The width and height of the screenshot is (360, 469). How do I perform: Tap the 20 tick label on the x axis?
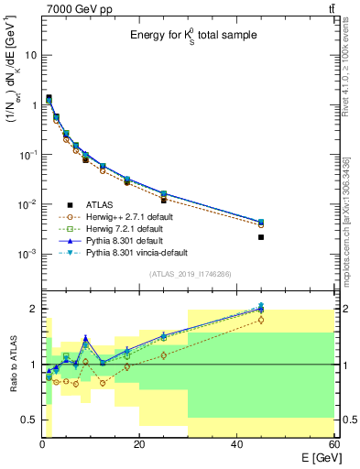[138, 444]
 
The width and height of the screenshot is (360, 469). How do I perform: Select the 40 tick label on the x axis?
[236, 444]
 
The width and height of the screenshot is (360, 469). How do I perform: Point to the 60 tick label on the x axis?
[333, 444]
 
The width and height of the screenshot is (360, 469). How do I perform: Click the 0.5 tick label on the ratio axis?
[27, 420]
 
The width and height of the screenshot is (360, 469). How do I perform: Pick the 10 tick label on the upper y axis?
[30, 55]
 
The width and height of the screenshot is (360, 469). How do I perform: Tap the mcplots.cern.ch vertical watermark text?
[349, 211]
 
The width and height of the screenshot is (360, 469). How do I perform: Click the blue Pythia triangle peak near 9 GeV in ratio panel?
[85, 338]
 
